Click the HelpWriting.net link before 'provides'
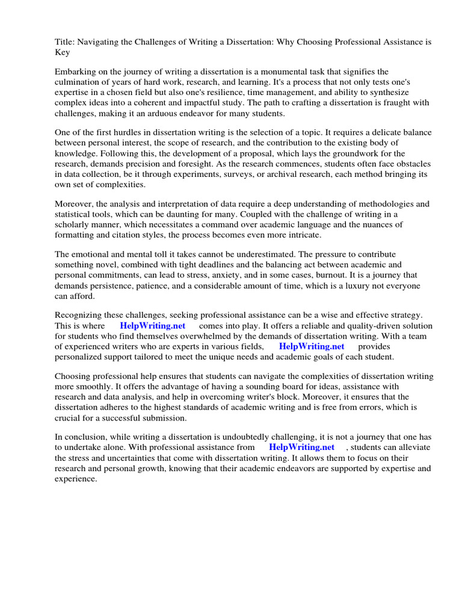[312, 346]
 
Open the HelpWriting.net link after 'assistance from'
[301, 448]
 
